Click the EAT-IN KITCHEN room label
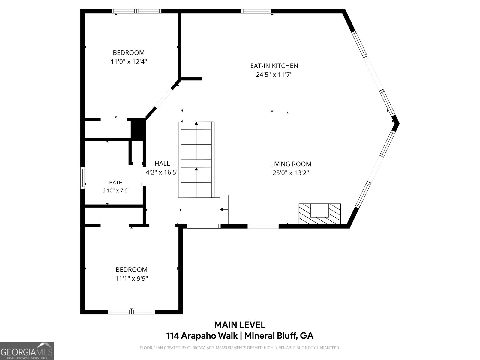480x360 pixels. [274, 66]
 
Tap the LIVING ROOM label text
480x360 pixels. [291, 164]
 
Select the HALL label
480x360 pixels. [162, 163]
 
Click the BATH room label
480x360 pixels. [116, 182]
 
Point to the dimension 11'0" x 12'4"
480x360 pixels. [129, 62]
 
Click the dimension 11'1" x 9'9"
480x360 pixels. [132, 279]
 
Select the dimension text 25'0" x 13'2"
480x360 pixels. [291, 173]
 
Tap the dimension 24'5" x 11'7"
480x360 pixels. [274, 75]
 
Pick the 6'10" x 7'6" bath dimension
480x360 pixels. [116, 190]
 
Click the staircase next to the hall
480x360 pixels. [196, 160]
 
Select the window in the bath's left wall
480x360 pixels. [82, 178]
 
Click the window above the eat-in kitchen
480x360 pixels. [256, 11]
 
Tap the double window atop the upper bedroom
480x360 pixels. [137, 11]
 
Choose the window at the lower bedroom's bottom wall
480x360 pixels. [132, 312]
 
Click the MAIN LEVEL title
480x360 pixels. [240, 325]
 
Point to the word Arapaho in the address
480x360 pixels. [209, 336]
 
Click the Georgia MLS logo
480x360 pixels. [27, 351]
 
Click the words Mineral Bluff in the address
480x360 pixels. [271, 335]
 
